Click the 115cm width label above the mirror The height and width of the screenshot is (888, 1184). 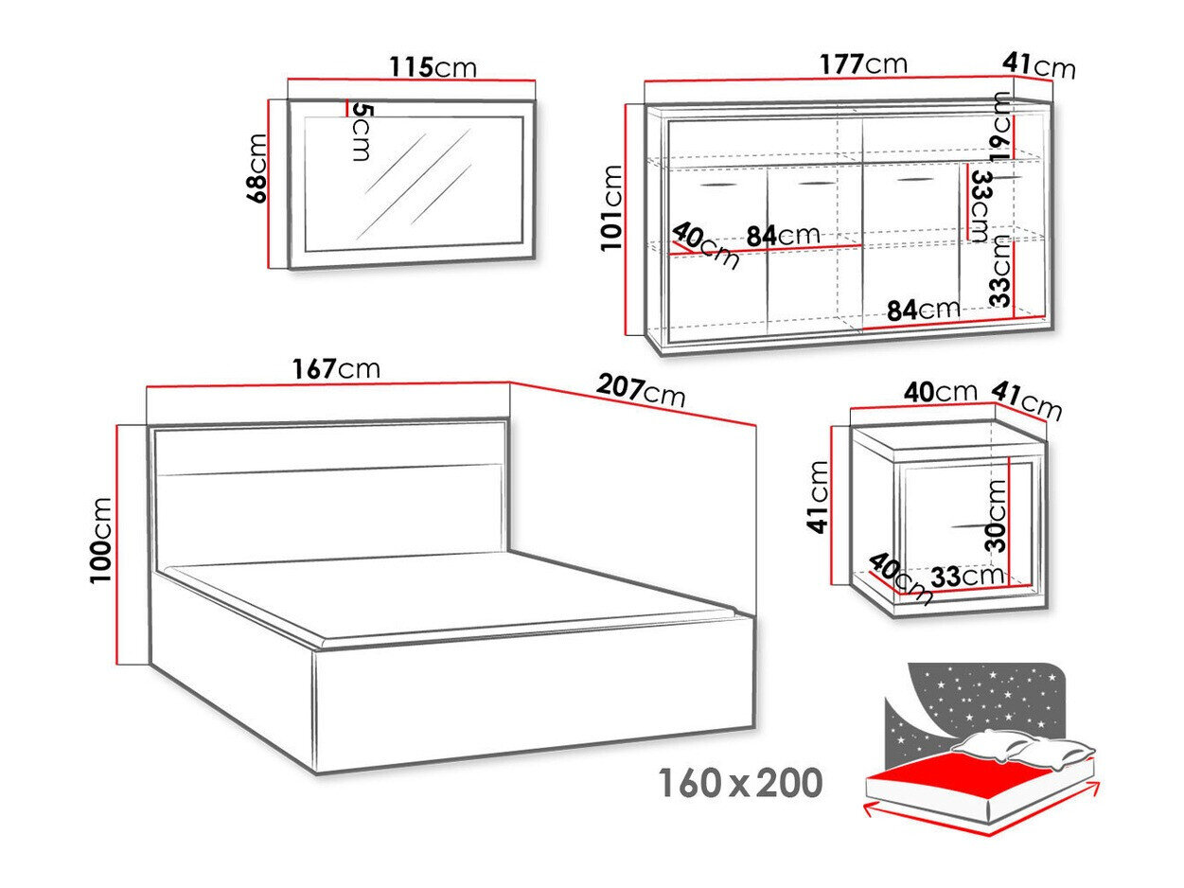click(433, 68)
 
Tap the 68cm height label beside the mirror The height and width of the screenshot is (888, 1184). click(256, 168)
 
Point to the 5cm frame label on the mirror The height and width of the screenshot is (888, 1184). click(361, 132)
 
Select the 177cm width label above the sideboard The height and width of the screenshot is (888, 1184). click(863, 64)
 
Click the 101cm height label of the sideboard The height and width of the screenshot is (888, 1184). click(612, 207)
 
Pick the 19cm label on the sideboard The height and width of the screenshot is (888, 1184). click(999, 126)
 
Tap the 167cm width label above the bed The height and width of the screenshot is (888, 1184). click(336, 369)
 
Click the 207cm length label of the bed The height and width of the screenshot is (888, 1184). click(641, 391)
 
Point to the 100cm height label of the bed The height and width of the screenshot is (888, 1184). click(101, 540)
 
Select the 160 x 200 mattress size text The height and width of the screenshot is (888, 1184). click(741, 783)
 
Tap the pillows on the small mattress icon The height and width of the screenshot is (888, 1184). click(1023, 749)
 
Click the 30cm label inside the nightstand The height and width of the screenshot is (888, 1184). click(996, 515)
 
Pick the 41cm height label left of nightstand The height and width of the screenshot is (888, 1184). click(819, 497)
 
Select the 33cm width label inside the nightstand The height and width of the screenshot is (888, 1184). click(967, 577)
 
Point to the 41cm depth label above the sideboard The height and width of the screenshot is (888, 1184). click(1039, 66)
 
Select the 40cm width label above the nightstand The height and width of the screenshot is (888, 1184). click(940, 392)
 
